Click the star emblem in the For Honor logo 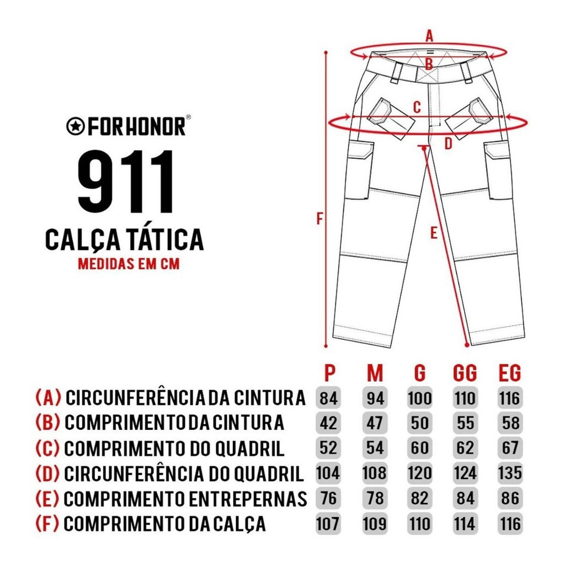tap(76, 126)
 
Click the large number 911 tap(126, 182)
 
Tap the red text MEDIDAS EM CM tap(129, 264)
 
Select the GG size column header tap(465, 372)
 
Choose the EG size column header tap(510, 372)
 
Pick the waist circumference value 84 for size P tap(328, 398)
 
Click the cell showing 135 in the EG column tap(510, 473)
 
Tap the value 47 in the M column tap(375, 423)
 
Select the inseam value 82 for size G tap(420, 498)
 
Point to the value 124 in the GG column tap(465, 473)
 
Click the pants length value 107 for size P tap(328, 524)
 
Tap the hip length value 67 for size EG tap(510, 448)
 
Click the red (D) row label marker tap(47, 473)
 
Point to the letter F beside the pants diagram tap(319, 218)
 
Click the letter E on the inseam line tap(434, 233)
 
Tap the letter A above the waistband tap(429, 36)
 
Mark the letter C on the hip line tap(417, 107)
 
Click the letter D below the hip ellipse tap(448, 144)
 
